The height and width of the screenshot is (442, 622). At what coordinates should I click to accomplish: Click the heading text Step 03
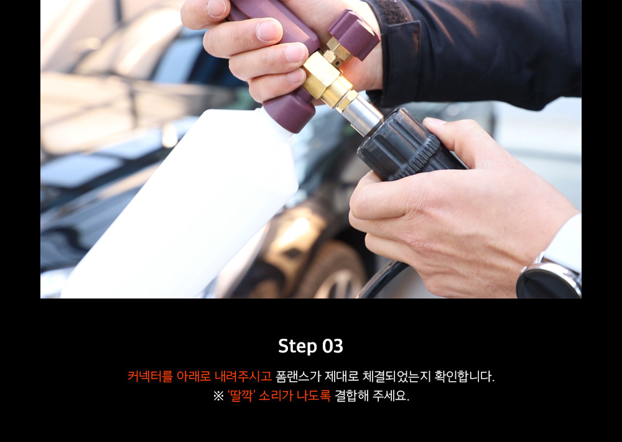[x=310, y=346]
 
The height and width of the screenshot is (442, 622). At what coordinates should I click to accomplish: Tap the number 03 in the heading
[x=332, y=346]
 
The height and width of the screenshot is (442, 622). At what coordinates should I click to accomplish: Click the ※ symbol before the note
[x=218, y=396]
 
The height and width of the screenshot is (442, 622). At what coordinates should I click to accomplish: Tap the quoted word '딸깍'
[x=241, y=395]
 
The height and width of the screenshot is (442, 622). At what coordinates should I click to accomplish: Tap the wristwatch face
[x=547, y=282]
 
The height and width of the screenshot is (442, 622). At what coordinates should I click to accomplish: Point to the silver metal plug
[x=361, y=115]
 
